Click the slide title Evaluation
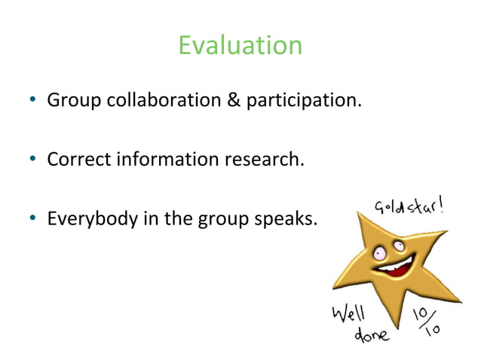coord(240,46)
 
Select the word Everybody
coord(87,220)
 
